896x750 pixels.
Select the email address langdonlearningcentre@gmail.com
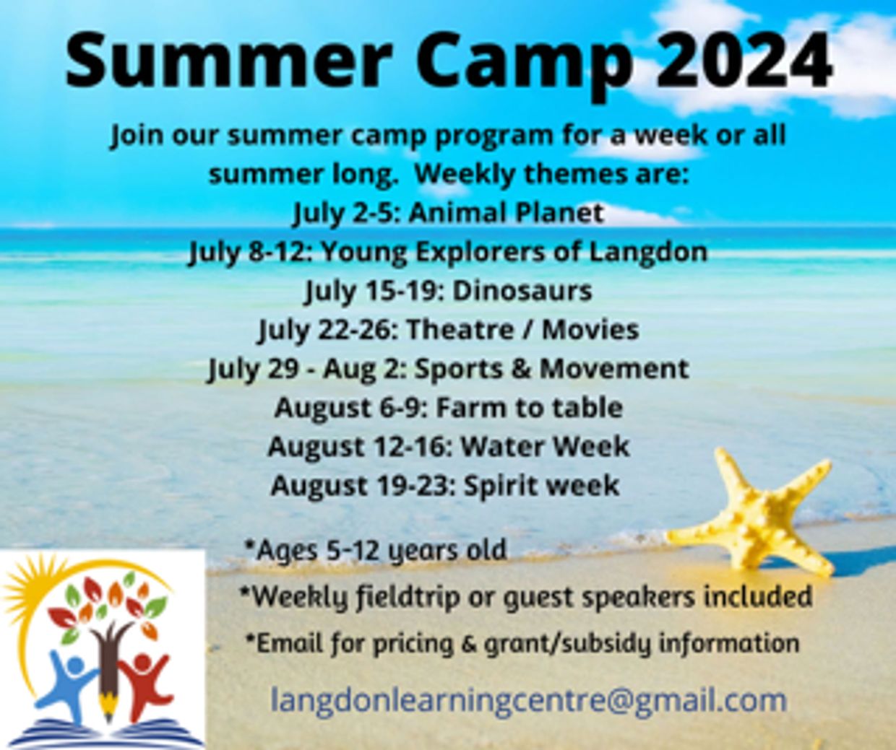[x=528, y=699]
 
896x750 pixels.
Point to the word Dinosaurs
[x=522, y=291]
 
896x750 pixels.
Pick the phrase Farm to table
[x=530, y=408]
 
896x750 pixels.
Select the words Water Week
[x=545, y=446]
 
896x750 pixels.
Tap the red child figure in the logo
[x=145, y=682]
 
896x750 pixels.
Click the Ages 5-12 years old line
[x=375, y=550]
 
